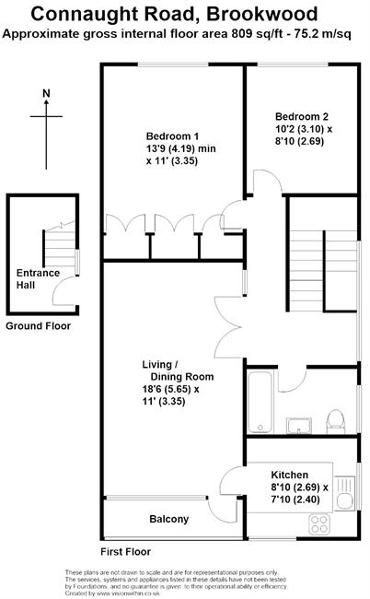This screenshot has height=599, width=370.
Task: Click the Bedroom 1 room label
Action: coord(172,136)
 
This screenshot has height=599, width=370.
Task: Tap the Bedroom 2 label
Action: coord(302,116)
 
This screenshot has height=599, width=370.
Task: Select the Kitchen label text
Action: coord(290,475)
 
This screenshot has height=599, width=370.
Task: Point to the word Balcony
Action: coord(169,519)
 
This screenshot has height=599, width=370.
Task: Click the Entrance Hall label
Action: coord(38,279)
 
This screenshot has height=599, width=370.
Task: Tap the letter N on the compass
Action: coord(46,94)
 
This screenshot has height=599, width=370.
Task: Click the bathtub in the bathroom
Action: coord(260,401)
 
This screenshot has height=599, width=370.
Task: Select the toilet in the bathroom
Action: coord(336,421)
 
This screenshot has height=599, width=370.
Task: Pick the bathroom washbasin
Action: coord(299,426)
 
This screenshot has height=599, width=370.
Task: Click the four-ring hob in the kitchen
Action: coord(319,524)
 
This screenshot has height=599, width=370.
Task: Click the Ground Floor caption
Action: coord(38,326)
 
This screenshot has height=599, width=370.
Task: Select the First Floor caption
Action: coord(125,552)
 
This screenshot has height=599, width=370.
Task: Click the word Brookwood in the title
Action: coord(262,15)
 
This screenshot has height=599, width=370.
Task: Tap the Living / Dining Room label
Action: coord(178,370)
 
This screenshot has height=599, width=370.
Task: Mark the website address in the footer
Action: coord(128,593)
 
